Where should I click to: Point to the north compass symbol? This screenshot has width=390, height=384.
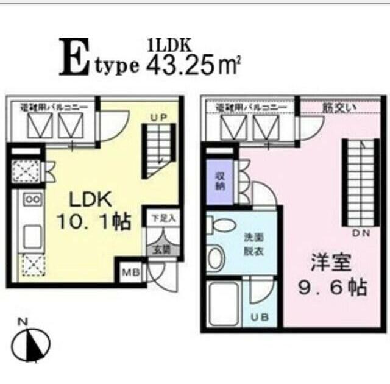tap(30, 346)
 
